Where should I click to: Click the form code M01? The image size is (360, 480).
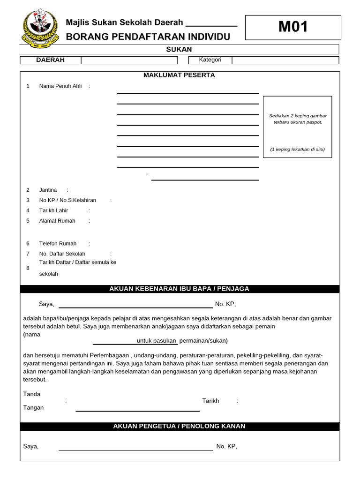(293, 27)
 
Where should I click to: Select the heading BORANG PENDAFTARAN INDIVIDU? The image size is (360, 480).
(148, 37)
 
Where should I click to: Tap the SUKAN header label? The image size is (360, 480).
(179, 50)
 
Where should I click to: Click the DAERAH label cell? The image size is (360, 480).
(51, 60)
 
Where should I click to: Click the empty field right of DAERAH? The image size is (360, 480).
(129, 60)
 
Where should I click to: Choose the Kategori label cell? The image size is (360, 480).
(210, 60)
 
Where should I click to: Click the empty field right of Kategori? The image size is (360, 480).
(285, 60)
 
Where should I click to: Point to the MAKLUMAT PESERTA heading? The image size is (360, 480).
(179, 75)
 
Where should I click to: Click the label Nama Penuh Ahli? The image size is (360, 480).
(60, 86)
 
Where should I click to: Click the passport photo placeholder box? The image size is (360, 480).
(298, 127)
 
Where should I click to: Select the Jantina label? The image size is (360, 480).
(48, 190)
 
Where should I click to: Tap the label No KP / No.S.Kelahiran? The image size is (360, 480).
(67, 200)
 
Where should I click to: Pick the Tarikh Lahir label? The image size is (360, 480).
(53, 210)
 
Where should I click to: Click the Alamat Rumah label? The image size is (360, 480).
(57, 221)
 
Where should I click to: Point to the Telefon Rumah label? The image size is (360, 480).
(58, 243)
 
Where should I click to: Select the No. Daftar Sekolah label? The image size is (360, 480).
(62, 254)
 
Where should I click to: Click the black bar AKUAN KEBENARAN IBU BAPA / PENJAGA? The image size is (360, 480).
(179, 289)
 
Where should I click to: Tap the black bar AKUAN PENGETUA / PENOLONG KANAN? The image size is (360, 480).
(179, 427)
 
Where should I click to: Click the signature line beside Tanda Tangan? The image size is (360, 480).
(137, 411)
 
